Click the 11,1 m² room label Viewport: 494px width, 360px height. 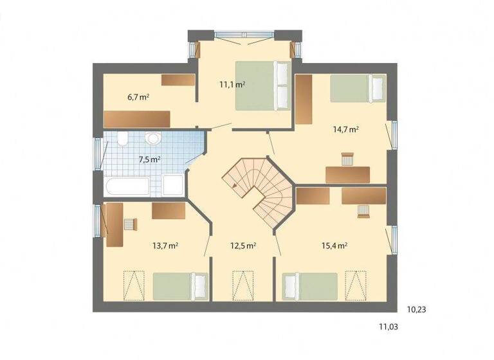(232, 84)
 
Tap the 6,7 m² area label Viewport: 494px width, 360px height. (138, 97)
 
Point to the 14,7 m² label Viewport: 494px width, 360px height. (345, 129)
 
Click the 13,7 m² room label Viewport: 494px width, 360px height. (165, 245)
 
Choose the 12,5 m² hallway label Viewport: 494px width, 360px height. (244, 245)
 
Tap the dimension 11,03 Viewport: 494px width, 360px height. (388, 327)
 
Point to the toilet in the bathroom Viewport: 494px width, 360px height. (152, 138)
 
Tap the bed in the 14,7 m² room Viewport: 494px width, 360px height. (351, 89)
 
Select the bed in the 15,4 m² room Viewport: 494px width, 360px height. (310, 285)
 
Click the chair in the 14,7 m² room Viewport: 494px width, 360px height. (347, 159)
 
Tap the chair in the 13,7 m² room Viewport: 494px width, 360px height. (131, 224)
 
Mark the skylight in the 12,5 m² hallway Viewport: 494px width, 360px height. (242, 285)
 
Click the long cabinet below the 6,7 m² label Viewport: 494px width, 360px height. (137, 119)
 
